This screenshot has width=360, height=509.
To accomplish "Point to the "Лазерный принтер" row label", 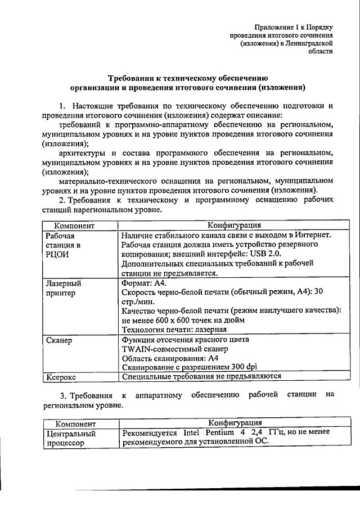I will pos(63,288).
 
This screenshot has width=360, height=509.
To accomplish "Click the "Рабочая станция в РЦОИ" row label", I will pos(62,245).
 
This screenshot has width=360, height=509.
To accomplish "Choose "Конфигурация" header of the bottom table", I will pos(235,423).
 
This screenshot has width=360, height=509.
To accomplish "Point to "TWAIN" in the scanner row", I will pos(136,349).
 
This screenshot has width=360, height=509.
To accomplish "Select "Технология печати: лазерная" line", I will pos(174,330).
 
